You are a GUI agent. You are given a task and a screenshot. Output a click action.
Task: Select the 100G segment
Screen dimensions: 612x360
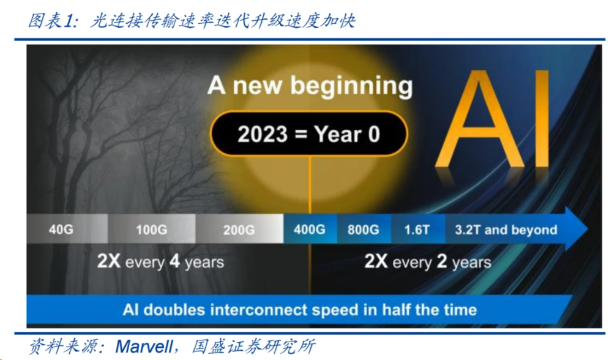pyautogui.click(x=151, y=229)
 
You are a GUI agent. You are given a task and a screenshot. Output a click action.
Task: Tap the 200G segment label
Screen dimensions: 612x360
pyautogui.click(x=239, y=230)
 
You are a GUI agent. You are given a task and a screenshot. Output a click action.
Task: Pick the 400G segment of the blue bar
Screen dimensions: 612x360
pyautogui.click(x=310, y=229)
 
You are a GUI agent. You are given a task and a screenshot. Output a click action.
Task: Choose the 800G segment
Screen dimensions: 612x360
pyautogui.click(x=364, y=229)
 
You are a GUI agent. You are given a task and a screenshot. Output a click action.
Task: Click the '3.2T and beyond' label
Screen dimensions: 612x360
pyautogui.click(x=506, y=230)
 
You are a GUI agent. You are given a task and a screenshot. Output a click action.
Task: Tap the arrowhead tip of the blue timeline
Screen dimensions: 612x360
pyautogui.click(x=588, y=228)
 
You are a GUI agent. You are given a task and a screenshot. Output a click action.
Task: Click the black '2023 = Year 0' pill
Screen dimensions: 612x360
pyautogui.click(x=308, y=134)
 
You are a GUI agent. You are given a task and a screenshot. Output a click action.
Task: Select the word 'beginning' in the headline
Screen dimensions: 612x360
pyautogui.click(x=352, y=86)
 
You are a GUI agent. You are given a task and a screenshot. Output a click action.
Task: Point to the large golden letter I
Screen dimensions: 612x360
pyautogui.click(x=541, y=119)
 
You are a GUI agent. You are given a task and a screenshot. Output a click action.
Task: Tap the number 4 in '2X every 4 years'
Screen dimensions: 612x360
pyautogui.click(x=174, y=261)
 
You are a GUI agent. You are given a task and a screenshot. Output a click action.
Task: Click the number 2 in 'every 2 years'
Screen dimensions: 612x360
pyautogui.click(x=442, y=261)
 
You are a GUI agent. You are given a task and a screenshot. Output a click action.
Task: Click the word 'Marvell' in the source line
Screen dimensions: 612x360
pyautogui.click(x=144, y=347)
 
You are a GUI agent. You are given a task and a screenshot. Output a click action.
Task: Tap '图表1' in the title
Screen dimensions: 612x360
pyautogui.click(x=54, y=20)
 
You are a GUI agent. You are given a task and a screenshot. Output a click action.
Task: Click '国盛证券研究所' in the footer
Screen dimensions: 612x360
pyautogui.click(x=254, y=347)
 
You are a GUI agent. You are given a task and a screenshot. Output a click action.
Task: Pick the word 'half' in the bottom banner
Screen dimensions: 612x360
pyautogui.click(x=396, y=310)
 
